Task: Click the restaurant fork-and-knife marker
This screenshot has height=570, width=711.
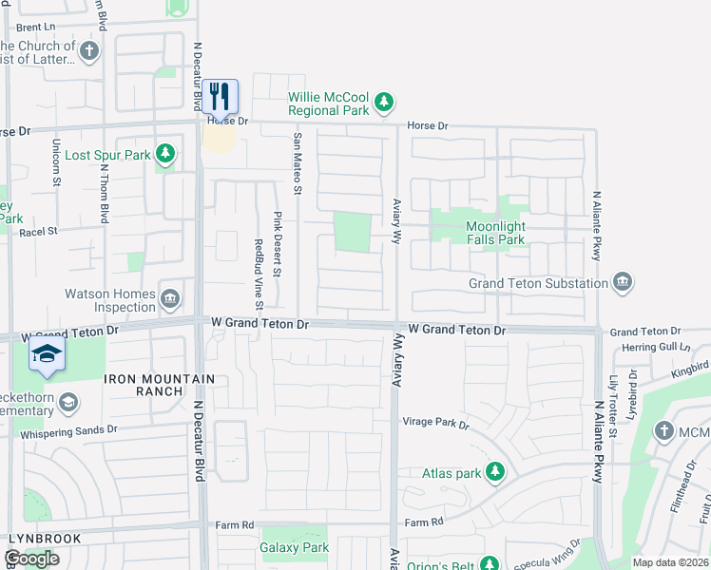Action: [220, 95]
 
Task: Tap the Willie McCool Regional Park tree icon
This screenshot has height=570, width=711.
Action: [383, 102]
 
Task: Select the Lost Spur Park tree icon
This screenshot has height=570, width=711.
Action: [165, 154]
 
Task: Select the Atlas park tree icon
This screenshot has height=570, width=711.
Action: [494, 471]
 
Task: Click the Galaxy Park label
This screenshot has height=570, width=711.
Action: [294, 547]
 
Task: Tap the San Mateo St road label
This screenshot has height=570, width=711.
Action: [298, 162]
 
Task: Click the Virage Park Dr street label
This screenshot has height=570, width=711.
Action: [436, 424]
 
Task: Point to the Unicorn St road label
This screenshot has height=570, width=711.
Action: [57, 157]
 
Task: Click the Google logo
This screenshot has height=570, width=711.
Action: [30, 559]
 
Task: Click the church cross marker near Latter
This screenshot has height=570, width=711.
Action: [89, 50]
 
